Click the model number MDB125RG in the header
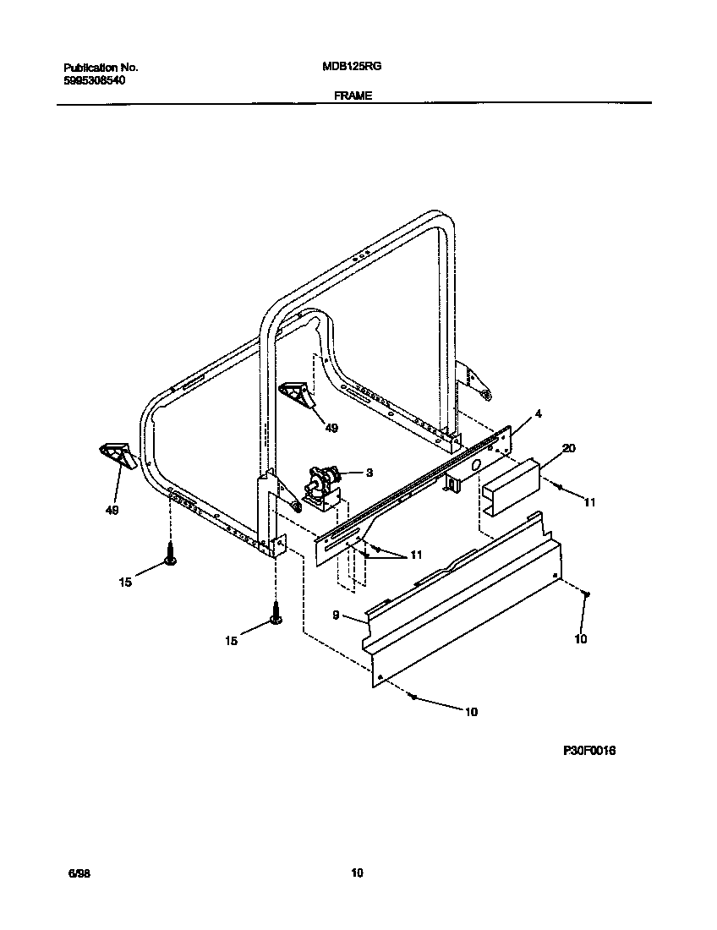346,67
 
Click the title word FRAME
353,96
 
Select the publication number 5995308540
99,79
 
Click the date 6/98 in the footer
79,873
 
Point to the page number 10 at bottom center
357,873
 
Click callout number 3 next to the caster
369,473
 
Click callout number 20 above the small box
568,448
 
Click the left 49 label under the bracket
112,511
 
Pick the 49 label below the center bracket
331,429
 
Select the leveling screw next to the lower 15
276,615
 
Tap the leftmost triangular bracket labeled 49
117,453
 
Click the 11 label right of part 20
589,502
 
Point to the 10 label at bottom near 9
471,712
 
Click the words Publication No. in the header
101,67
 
